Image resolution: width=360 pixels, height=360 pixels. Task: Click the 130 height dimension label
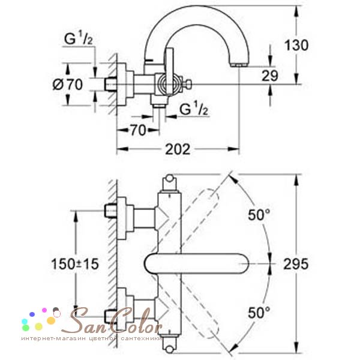click(296, 45)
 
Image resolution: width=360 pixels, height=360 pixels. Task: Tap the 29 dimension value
click(270, 76)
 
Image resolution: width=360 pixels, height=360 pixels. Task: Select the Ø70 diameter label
click(67, 84)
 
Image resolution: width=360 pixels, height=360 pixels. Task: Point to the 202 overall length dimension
click(178, 149)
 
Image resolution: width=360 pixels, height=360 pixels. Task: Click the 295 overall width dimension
click(296, 264)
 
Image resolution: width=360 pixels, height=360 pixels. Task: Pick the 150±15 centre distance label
click(75, 264)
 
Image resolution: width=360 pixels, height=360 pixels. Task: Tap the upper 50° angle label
click(259, 215)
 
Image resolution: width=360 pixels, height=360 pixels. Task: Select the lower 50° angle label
click(259, 312)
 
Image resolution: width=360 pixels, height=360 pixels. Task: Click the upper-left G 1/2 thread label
click(78, 38)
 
